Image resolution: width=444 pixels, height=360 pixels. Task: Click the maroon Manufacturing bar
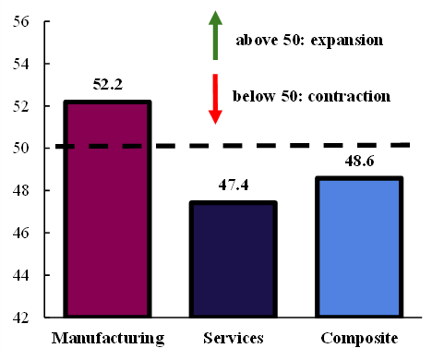click(x=107, y=209)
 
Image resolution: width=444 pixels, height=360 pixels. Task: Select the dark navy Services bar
click(x=234, y=259)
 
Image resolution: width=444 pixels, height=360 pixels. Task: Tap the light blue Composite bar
click(x=359, y=246)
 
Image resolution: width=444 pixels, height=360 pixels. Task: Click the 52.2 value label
click(x=108, y=84)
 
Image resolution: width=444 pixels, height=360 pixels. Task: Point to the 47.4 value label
click(x=234, y=185)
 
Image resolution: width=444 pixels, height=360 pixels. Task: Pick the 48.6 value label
click(x=359, y=161)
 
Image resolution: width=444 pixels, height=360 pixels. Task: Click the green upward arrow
click(x=215, y=35)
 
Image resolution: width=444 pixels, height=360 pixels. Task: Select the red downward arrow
click(x=215, y=99)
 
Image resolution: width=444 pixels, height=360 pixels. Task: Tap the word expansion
click(x=347, y=41)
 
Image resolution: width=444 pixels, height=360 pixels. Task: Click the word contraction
click(x=349, y=96)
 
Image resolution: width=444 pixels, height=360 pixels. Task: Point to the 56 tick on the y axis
click(x=20, y=21)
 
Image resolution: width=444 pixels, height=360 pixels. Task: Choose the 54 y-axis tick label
click(x=20, y=64)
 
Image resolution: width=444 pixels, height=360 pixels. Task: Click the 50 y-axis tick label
click(x=20, y=148)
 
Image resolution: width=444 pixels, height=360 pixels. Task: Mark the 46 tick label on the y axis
click(x=20, y=233)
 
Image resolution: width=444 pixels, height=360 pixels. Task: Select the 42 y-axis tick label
click(x=20, y=318)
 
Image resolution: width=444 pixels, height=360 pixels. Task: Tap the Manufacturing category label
click(x=108, y=339)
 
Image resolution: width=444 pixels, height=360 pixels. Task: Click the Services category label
click(x=234, y=338)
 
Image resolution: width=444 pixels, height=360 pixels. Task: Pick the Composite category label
click(x=359, y=339)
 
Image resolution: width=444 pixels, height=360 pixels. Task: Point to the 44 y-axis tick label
click(x=20, y=275)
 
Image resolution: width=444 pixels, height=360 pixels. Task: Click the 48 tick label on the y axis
click(x=20, y=190)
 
